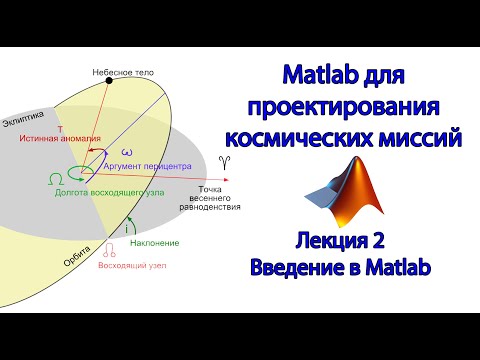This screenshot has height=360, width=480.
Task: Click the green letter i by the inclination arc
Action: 127,229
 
